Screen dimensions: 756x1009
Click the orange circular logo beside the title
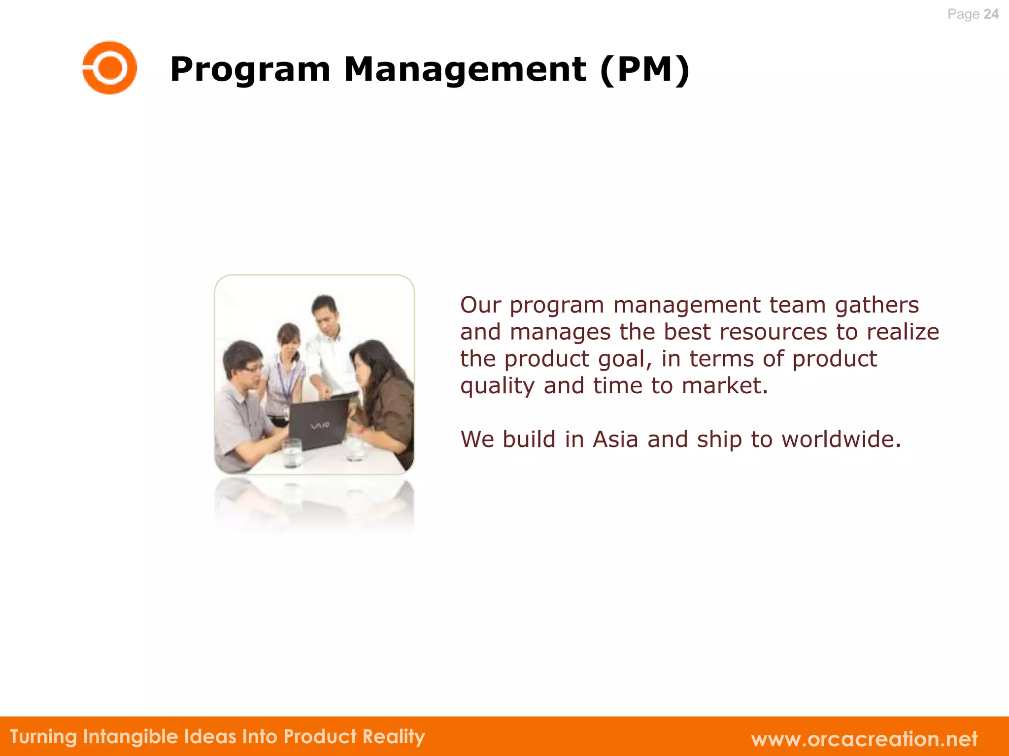tap(109, 67)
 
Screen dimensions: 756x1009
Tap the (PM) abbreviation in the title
tap(645, 70)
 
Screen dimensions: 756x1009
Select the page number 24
tap(990, 14)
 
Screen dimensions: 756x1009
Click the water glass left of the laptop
tap(292, 453)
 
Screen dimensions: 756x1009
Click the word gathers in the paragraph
tap(876, 306)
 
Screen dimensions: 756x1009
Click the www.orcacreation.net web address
tap(864, 739)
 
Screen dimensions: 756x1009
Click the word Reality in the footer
tap(394, 737)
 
